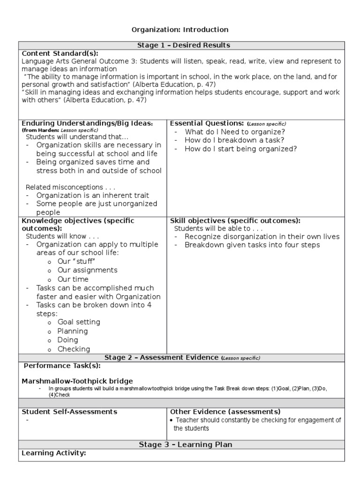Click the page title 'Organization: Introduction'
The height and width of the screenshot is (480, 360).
[x=180, y=30]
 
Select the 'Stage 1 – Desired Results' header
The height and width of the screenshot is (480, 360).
[x=183, y=45]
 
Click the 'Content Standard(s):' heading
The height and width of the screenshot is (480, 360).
[x=61, y=53]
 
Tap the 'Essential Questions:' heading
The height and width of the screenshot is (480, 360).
[x=207, y=123]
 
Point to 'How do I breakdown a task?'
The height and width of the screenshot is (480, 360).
[x=234, y=140]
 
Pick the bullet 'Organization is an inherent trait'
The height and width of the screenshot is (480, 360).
[x=93, y=195]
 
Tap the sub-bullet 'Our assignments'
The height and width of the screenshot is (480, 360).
[x=87, y=270]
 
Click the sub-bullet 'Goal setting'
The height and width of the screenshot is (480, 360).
[x=79, y=322]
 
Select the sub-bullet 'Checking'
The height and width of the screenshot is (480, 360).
[x=74, y=349]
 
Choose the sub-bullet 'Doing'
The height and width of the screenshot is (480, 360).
[x=68, y=340]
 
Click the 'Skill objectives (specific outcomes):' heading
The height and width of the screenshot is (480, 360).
[x=235, y=221]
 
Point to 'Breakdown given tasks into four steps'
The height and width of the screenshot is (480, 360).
[x=252, y=245]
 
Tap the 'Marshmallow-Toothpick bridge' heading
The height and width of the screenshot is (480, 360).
[x=77, y=381]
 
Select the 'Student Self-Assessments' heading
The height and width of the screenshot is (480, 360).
[x=70, y=412]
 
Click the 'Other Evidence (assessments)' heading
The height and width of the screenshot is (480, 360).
[x=225, y=412]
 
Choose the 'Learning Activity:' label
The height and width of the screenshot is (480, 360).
[x=54, y=453]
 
